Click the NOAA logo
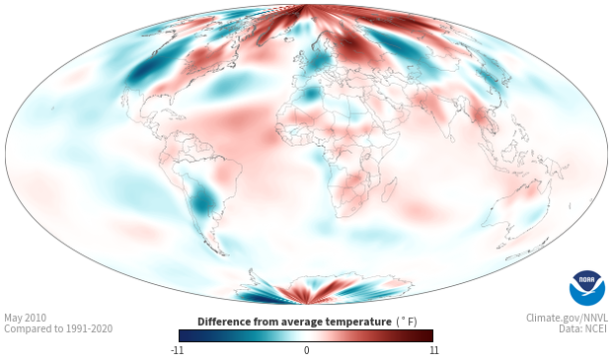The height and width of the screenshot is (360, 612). tap(587, 288)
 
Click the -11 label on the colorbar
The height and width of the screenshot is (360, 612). tap(178, 350)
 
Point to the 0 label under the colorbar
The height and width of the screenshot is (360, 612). tap(306, 350)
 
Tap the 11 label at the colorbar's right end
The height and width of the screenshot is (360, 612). tap(433, 350)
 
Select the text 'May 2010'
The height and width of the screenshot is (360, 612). tap(25, 318)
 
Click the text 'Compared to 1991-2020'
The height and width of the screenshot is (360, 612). tap(58, 328)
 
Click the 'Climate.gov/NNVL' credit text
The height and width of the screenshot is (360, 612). tap(567, 318)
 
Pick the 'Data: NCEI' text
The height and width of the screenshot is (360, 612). tap(583, 328)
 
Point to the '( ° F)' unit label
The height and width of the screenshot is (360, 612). tap(407, 322)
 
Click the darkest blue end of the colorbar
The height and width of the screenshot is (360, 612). tap(181, 335)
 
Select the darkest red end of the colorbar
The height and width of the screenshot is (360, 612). tap(430, 335)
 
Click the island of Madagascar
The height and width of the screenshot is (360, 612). tap(389, 188)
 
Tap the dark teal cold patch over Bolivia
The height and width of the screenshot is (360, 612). tap(202, 201)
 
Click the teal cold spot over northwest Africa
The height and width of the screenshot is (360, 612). tap(312, 94)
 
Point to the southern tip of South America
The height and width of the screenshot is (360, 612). tap(223, 255)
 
